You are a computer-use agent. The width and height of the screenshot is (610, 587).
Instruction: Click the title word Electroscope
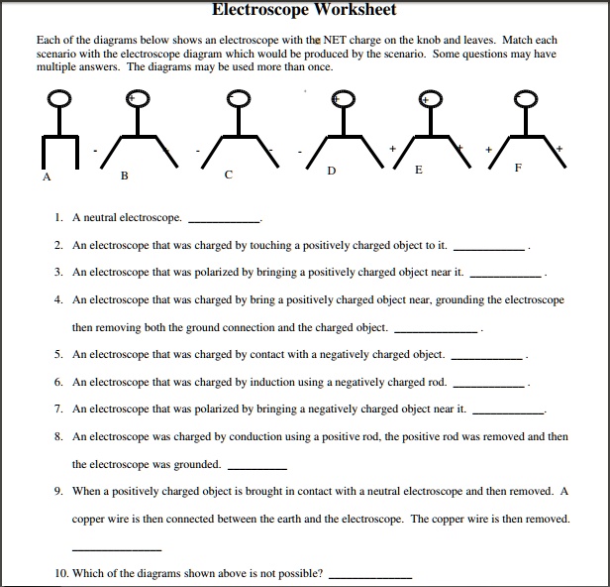pyautogui.click(x=258, y=10)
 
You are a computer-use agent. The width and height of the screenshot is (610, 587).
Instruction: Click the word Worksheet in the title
pyautogui.click(x=352, y=10)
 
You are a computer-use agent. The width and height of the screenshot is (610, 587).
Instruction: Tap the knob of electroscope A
pyautogui.click(x=60, y=97)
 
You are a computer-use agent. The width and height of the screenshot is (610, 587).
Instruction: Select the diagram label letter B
pyautogui.click(x=124, y=176)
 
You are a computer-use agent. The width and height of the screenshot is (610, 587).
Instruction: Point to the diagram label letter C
pyautogui.click(x=228, y=176)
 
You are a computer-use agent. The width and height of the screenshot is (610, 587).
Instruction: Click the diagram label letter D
pyautogui.click(x=331, y=171)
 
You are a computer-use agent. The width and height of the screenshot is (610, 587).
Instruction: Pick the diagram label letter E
pyautogui.click(x=419, y=171)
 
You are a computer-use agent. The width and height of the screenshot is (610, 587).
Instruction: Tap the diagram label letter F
pyautogui.click(x=517, y=170)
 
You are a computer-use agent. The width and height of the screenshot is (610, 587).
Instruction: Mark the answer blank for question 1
pyautogui.click(x=224, y=221)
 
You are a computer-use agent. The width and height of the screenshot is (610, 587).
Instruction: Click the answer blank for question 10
pyautogui.click(x=369, y=577)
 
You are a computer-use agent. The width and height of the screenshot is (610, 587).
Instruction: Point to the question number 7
pyautogui.click(x=59, y=409)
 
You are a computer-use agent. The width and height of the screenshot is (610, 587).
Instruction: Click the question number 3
pyautogui.click(x=59, y=271)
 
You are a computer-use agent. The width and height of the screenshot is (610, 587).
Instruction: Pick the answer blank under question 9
pyautogui.click(x=117, y=549)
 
